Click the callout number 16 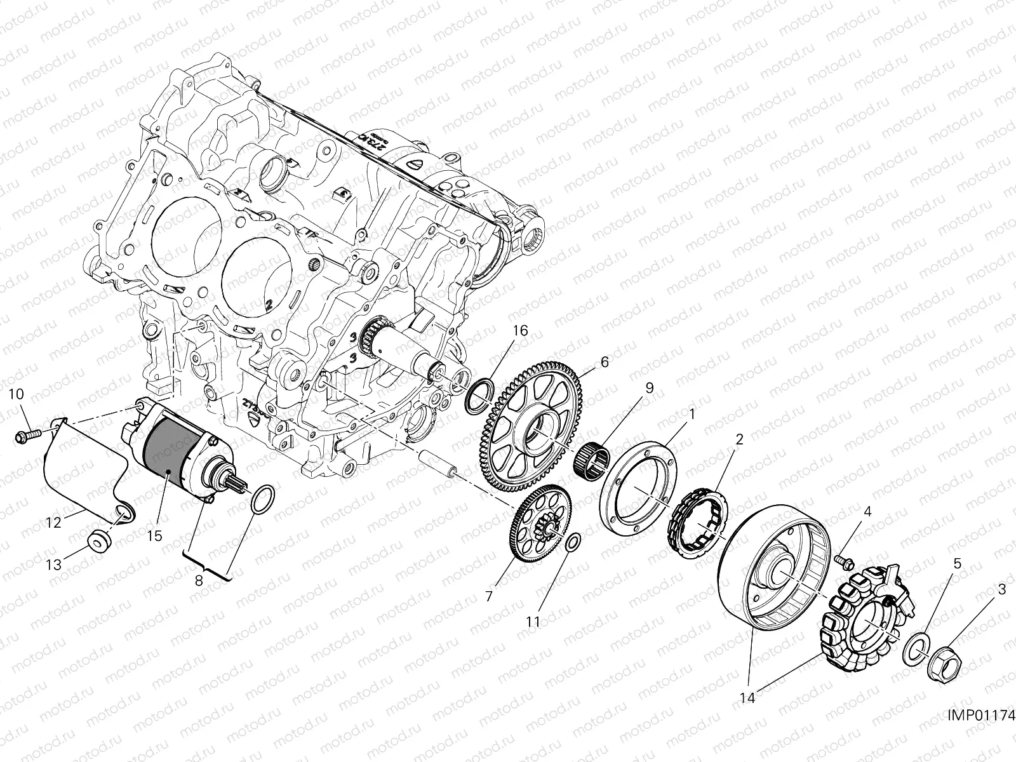pyautogui.click(x=520, y=331)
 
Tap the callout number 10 pyautogui.click(x=16, y=394)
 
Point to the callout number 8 pyautogui.click(x=199, y=580)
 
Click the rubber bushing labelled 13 pyautogui.click(x=99, y=542)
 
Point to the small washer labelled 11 pyautogui.click(x=571, y=541)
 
